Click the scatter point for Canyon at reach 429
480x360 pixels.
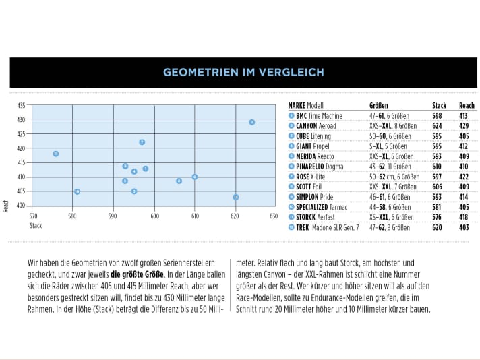pyautogui.click(x=251, y=122)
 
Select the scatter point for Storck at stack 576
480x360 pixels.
pyautogui.click(x=56, y=154)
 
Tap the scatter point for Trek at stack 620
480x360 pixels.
pyautogui.click(x=235, y=197)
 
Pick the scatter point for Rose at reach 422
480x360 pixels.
pyautogui.click(x=142, y=142)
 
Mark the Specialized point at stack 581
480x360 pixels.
pyautogui.click(x=77, y=191)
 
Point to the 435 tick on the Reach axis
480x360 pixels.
pyautogui.click(x=21, y=106)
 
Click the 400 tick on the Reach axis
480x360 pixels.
pyautogui.click(x=21, y=206)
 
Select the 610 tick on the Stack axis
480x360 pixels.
pyautogui.click(x=195, y=216)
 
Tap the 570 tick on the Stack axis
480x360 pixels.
pyautogui.click(x=34, y=216)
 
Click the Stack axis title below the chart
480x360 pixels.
pyautogui.click(x=36, y=226)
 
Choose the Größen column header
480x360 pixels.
pyautogui.click(x=378, y=106)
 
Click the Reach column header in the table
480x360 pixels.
pyautogui.click(x=467, y=106)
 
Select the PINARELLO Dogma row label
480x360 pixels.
pyautogui.click(x=318, y=167)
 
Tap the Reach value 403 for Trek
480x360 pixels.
pyautogui.click(x=464, y=227)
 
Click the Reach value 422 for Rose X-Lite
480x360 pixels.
pyautogui.click(x=464, y=177)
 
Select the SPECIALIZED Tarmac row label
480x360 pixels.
pyautogui.click(x=322, y=207)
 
